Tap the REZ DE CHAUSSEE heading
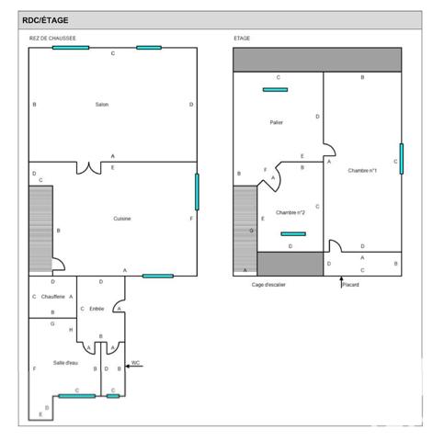click(x=52, y=39)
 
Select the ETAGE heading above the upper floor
click(x=242, y=39)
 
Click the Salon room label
click(x=101, y=105)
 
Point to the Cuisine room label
click(x=121, y=218)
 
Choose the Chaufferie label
click(x=51, y=297)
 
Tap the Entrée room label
click(x=98, y=309)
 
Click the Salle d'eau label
click(x=65, y=364)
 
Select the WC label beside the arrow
click(x=135, y=362)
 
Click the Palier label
click(x=277, y=122)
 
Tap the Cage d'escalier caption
click(x=270, y=285)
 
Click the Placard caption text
click(x=350, y=285)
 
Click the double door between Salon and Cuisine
click(x=88, y=168)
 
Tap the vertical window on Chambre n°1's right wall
click(x=401, y=158)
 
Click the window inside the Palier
click(x=275, y=90)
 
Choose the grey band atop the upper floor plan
click(x=317, y=60)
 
